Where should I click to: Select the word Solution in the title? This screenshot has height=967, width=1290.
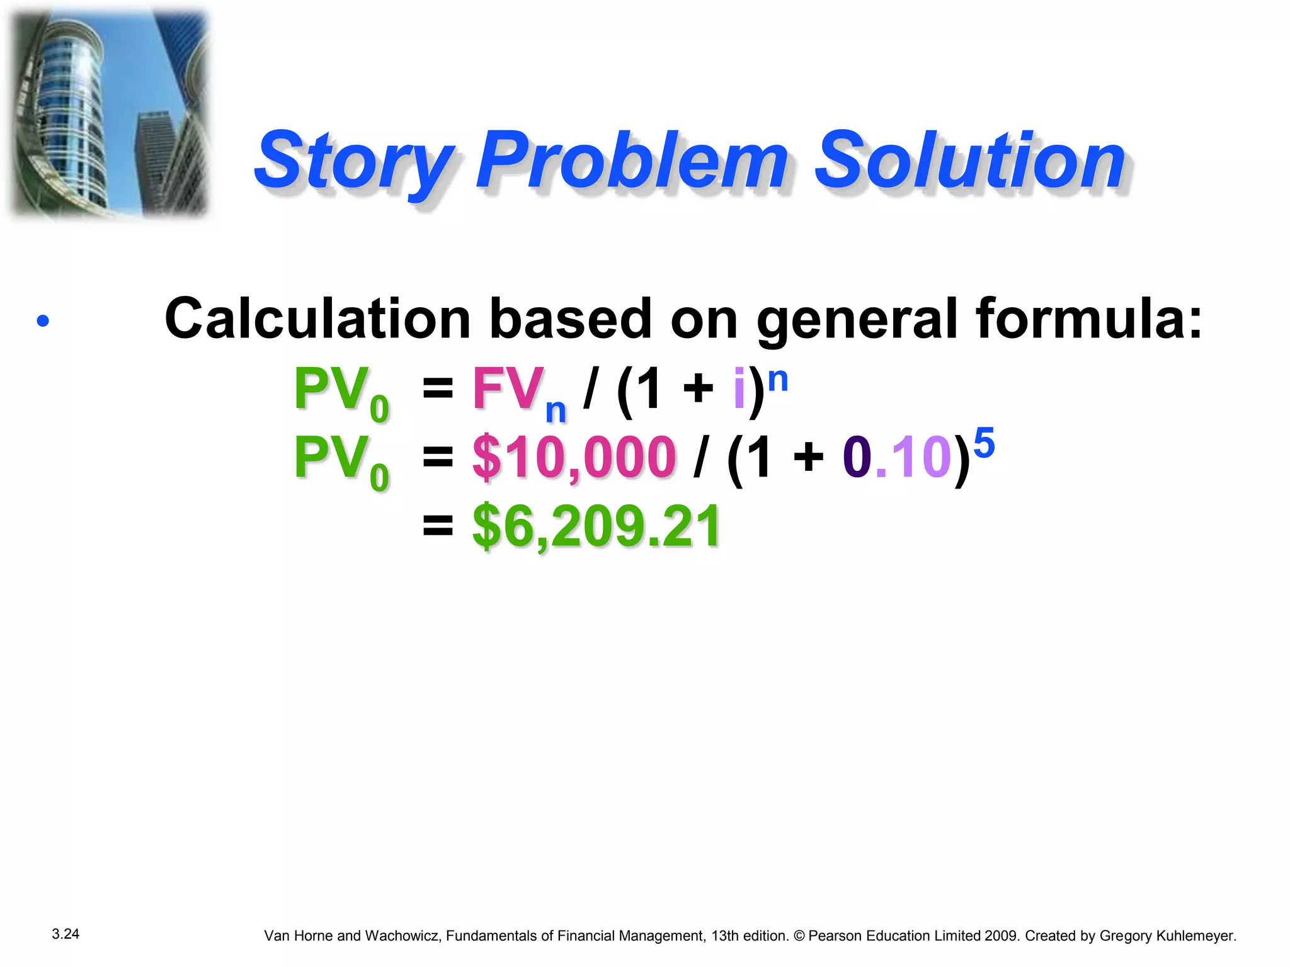click(970, 161)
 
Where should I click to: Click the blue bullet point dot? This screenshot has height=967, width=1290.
click(43, 321)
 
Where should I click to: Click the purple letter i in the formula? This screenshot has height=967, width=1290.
click(739, 388)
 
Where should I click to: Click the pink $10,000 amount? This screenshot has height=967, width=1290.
click(574, 457)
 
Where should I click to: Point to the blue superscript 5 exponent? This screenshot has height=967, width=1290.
click(984, 443)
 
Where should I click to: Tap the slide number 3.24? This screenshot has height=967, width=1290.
click(66, 934)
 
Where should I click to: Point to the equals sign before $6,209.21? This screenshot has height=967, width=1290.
click(438, 525)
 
